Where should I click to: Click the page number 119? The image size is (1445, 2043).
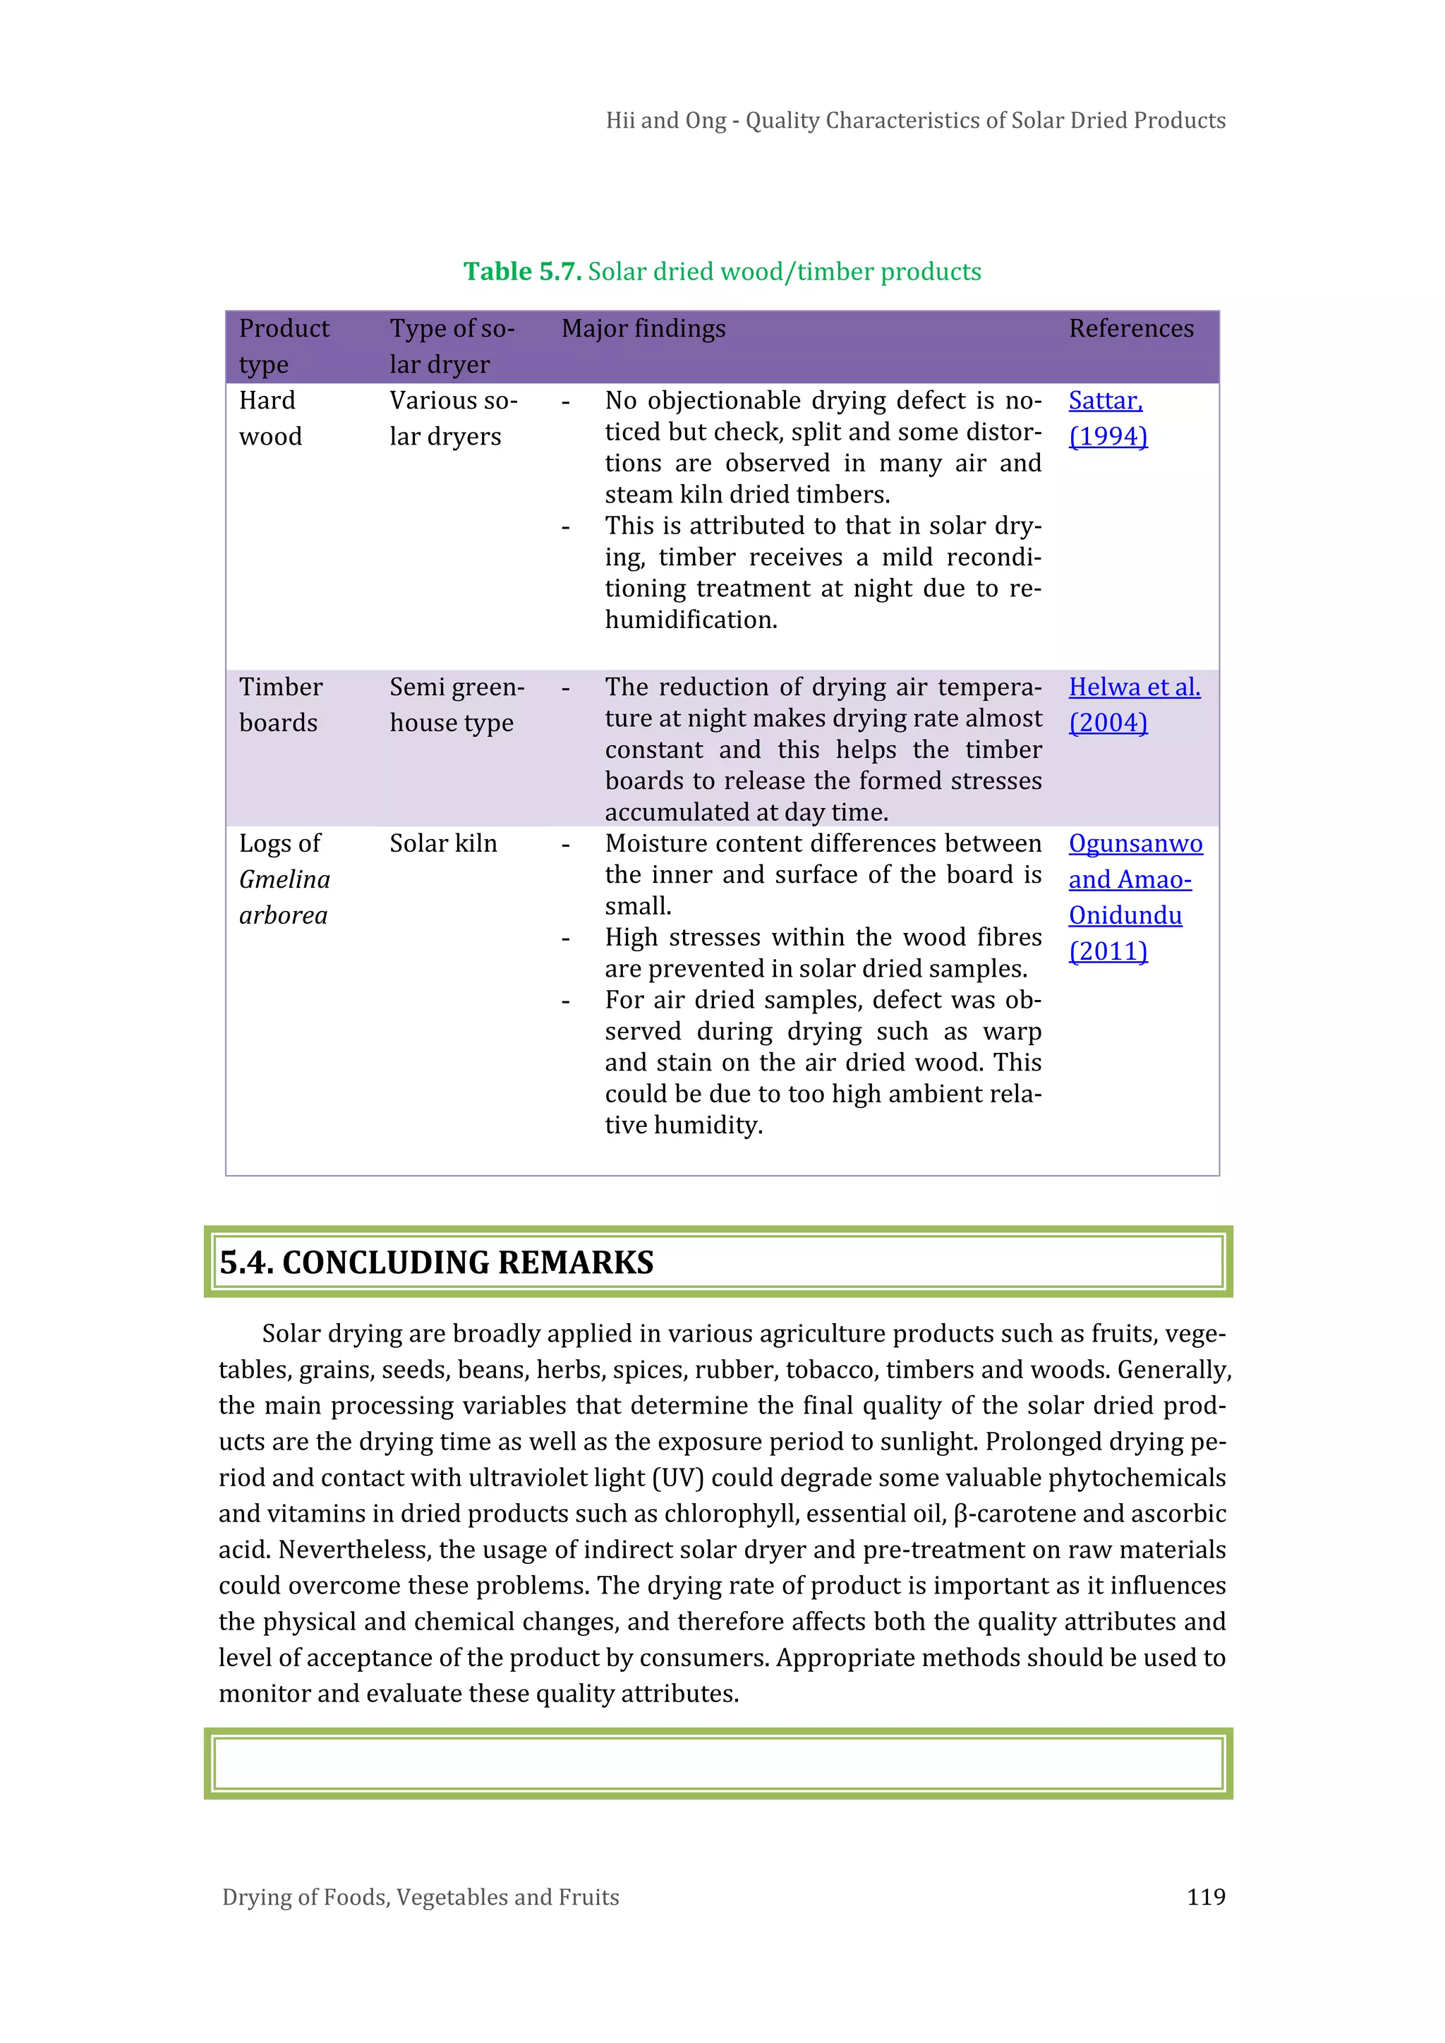pyautogui.click(x=1206, y=1896)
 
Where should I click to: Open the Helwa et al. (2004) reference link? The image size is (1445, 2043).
pyautogui.click(x=1134, y=704)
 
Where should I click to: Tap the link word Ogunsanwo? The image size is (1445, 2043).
pyautogui.click(x=1135, y=843)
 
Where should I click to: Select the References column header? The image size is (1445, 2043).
pyautogui.click(x=1131, y=328)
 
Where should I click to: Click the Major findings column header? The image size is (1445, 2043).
pyautogui.click(x=643, y=328)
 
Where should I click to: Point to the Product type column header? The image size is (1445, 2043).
pyautogui.click(x=283, y=346)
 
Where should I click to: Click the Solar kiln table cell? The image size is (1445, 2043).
pyautogui.click(x=443, y=843)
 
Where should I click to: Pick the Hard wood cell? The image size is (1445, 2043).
pyautogui.click(x=270, y=418)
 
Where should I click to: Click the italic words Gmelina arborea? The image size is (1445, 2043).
pyautogui.click(x=284, y=897)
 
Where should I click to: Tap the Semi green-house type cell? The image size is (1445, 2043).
pyautogui.click(x=456, y=704)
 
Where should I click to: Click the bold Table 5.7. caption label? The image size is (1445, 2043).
pyautogui.click(x=522, y=272)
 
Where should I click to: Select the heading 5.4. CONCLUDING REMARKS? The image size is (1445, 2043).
pyautogui.click(x=436, y=1262)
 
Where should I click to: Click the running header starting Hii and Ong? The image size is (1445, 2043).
pyautogui.click(x=914, y=120)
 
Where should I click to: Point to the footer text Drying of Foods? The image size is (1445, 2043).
pyautogui.click(x=420, y=1897)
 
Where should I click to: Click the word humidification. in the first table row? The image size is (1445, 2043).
pyautogui.click(x=691, y=620)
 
